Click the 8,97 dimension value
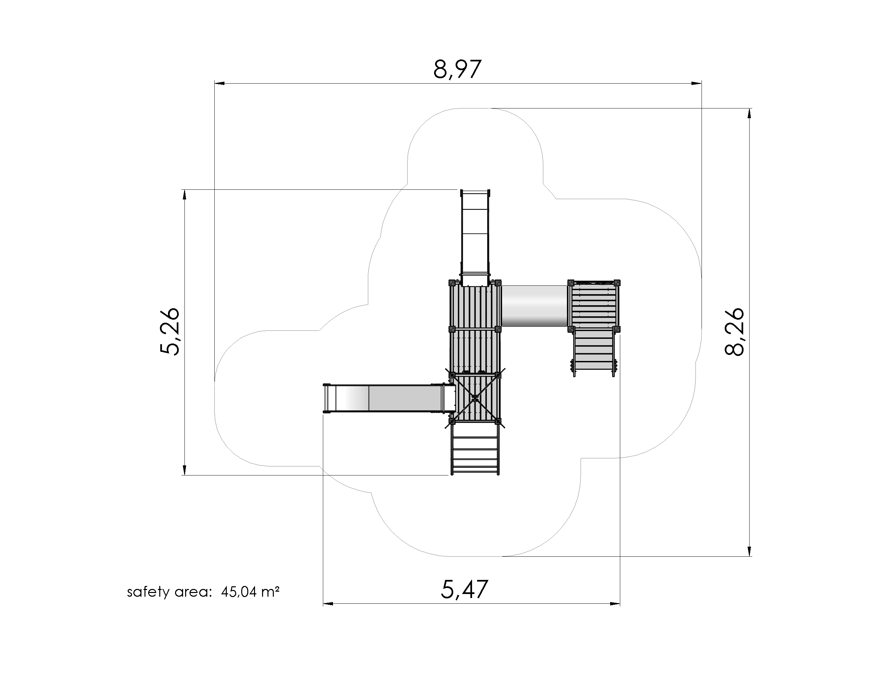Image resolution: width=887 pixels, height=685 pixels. click(x=457, y=70)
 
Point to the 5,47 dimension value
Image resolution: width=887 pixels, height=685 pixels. click(x=464, y=589)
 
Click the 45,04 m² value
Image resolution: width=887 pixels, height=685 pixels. click(x=250, y=592)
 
